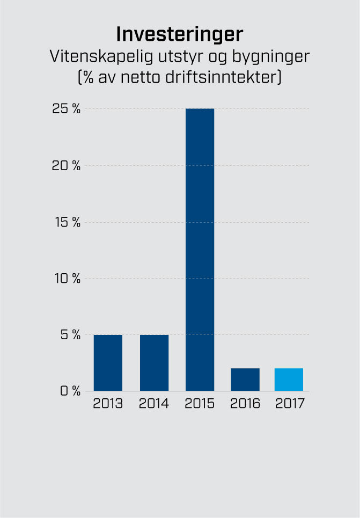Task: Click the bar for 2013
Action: (x=108, y=363)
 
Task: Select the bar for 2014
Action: (x=154, y=363)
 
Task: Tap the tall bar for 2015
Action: (x=200, y=250)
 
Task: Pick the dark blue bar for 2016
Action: (x=245, y=380)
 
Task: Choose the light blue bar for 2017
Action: (x=289, y=380)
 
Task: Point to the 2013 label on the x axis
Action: (x=108, y=404)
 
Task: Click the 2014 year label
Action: (x=154, y=404)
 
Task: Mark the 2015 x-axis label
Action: (x=200, y=404)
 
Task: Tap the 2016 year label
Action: (x=245, y=404)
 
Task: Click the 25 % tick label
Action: (x=66, y=109)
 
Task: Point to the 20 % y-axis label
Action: (x=66, y=165)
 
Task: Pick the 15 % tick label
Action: (x=67, y=222)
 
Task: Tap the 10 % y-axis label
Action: (x=67, y=279)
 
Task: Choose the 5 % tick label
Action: (x=70, y=335)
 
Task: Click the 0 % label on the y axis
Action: (x=70, y=391)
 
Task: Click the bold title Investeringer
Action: (x=180, y=34)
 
